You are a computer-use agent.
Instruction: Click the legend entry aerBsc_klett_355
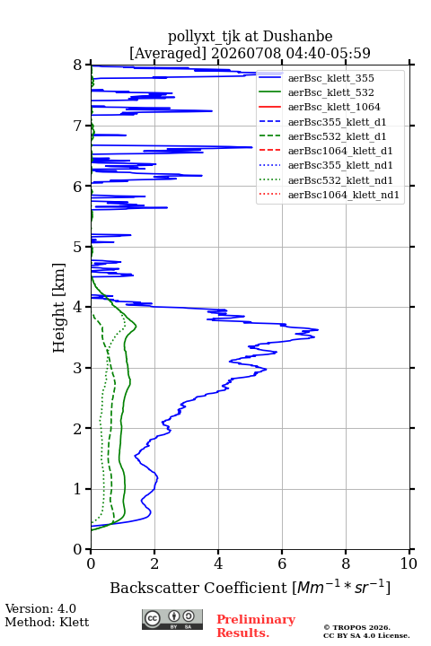330,78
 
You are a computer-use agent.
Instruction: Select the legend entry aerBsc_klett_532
330,92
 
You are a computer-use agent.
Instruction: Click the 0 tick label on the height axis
77,549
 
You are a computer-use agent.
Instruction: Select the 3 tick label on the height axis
77,368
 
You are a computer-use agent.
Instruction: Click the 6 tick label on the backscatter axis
282,563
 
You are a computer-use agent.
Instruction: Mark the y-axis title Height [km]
59,308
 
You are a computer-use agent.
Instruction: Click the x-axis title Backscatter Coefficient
198,588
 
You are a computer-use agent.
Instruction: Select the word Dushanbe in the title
297,37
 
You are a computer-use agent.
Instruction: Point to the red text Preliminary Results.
256,626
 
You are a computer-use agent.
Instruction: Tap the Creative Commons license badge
172,619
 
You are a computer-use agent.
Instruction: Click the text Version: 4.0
40,608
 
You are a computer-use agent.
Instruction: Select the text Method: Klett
47,622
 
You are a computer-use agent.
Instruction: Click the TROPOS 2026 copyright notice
356,627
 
